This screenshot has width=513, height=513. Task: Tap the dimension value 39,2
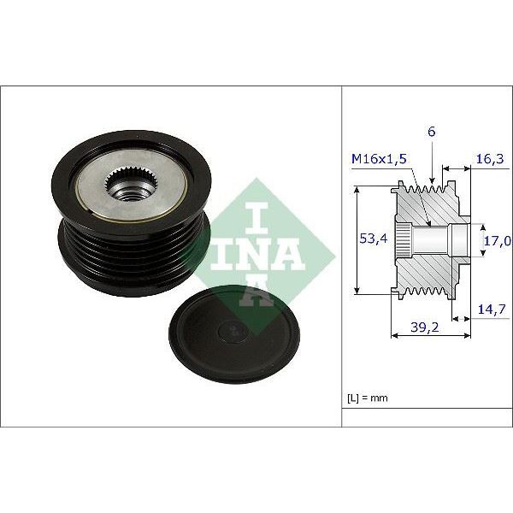(x=419, y=326)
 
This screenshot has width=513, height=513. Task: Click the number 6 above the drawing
(x=432, y=132)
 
